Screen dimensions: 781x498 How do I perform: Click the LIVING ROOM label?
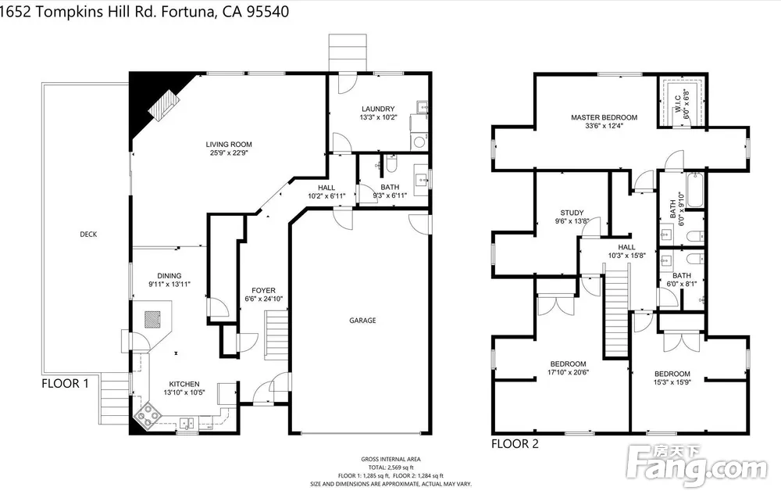tap(229, 145)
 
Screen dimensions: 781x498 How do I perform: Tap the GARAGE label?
tap(362, 320)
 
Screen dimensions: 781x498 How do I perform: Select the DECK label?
tap(88, 234)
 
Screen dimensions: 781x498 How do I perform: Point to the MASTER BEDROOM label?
tap(604, 117)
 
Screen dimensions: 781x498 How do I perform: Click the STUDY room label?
tap(572, 213)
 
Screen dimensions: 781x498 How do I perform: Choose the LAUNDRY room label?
tap(378, 109)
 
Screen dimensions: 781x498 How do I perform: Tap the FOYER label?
tap(263, 290)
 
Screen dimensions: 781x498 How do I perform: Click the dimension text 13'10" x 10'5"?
tap(184, 392)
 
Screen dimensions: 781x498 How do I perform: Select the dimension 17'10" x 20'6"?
tap(569, 372)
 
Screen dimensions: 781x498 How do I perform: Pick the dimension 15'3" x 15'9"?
tap(672, 382)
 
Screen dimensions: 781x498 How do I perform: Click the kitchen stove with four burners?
tap(148, 415)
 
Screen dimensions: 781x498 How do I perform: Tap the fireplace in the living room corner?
tap(165, 106)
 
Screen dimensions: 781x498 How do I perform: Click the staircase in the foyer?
tap(276, 334)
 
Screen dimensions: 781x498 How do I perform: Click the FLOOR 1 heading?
tap(66, 383)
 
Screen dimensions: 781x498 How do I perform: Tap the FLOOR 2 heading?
tap(515, 443)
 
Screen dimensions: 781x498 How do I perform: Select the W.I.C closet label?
tap(678, 104)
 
